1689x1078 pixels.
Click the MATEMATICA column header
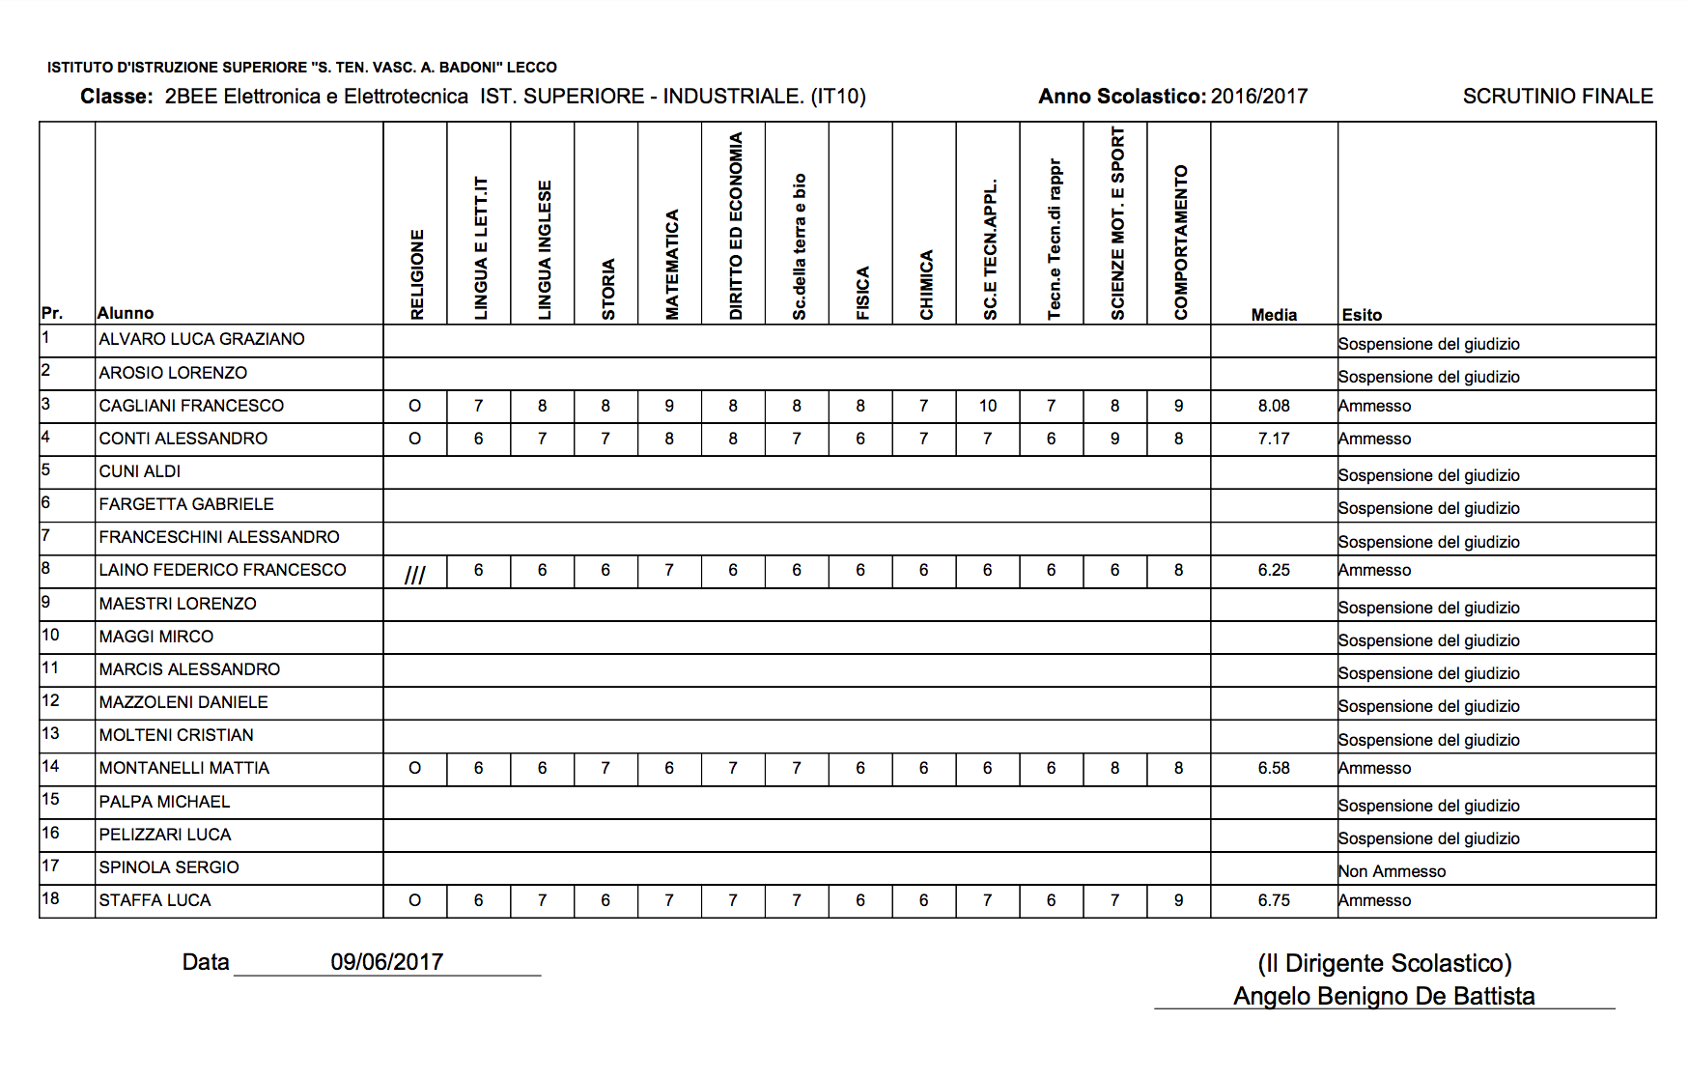[x=671, y=264]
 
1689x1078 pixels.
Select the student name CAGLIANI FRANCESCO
[x=191, y=406]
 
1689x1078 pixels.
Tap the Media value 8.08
[x=1274, y=406]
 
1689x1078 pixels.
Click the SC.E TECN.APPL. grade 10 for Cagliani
[x=987, y=406]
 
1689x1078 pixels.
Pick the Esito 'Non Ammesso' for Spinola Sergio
[x=1392, y=871]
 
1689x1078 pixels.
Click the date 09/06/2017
[x=386, y=962]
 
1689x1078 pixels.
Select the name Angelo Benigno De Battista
[x=1384, y=996]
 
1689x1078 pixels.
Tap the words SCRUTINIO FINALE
[x=1557, y=97]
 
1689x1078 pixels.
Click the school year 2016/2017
[x=1259, y=97]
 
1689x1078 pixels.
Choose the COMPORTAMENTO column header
[x=1180, y=241]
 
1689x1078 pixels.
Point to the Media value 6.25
[x=1274, y=570]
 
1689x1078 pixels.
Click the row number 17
[x=50, y=865]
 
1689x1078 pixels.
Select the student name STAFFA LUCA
[x=155, y=900]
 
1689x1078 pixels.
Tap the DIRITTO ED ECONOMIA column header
[x=736, y=226]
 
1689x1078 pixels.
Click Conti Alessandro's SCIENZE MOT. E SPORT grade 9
[x=1114, y=439]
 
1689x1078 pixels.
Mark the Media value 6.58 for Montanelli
[x=1274, y=768]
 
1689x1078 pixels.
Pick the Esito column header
[x=1362, y=315]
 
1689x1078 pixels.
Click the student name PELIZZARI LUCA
[x=165, y=835]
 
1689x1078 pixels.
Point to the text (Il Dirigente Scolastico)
[x=1384, y=963]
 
